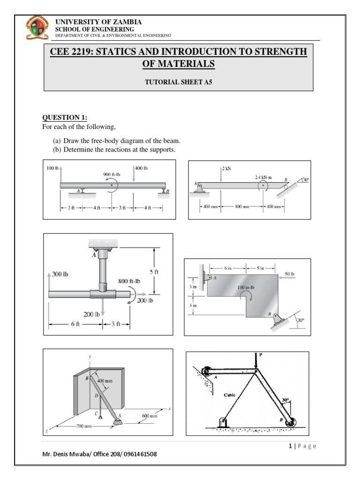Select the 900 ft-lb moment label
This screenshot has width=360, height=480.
click(112, 174)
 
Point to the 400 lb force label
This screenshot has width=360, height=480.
click(142, 168)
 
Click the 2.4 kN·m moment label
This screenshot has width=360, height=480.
click(263, 178)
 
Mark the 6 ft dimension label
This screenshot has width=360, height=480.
click(75, 324)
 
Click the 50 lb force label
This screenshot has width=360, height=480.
click(289, 274)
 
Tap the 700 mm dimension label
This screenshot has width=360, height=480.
click(86, 427)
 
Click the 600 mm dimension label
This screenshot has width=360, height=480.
click(150, 415)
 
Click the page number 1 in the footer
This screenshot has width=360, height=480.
click(291, 446)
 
